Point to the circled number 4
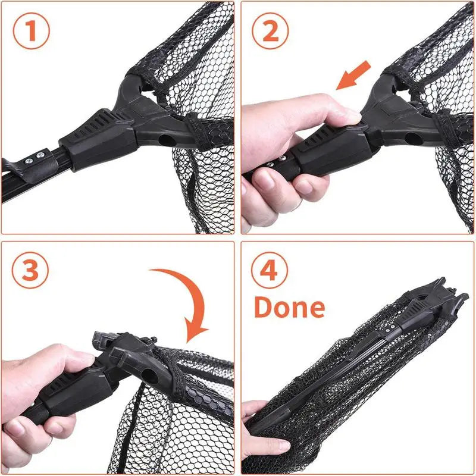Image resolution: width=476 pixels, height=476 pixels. point(270,271)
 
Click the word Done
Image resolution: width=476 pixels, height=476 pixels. point(290,307)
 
